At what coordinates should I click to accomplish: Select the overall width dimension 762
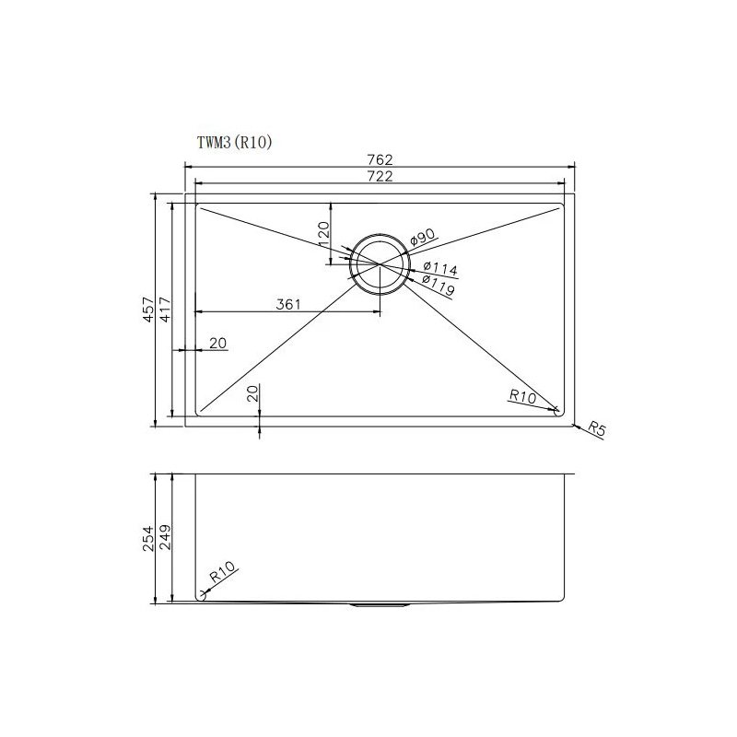tap(380, 159)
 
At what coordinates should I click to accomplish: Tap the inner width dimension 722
tap(380, 178)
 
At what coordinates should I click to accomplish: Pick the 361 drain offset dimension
tap(288, 305)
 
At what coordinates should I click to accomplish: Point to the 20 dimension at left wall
tap(217, 344)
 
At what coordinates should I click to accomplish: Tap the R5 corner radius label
tap(596, 430)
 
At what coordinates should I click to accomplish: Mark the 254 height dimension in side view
tap(147, 539)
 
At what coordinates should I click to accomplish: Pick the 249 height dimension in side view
tap(166, 539)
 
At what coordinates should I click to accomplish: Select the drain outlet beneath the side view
tap(380, 606)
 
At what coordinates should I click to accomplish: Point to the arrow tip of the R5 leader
tap(572, 423)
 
